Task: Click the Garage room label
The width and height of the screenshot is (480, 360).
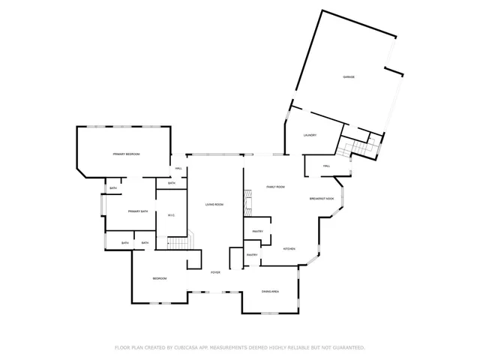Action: pyautogui.click(x=349, y=77)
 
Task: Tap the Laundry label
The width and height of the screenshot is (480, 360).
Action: pyautogui.click(x=310, y=135)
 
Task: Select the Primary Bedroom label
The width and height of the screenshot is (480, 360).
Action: pyautogui.click(x=127, y=154)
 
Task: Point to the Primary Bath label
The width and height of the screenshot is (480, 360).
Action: pyautogui.click(x=136, y=212)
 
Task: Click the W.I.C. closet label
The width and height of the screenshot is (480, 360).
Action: pyautogui.click(x=171, y=216)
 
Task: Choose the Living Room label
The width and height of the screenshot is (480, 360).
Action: pyautogui.click(x=215, y=205)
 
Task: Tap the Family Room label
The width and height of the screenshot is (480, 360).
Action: pyautogui.click(x=276, y=187)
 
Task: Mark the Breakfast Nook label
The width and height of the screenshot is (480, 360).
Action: pyautogui.click(x=322, y=198)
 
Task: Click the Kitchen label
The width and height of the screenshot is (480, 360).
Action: pyautogui.click(x=289, y=248)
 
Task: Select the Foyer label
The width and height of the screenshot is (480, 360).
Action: pyautogui.click(x=215, y=272)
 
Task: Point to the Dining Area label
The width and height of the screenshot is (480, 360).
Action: pyautogui.click(x=270, y=291)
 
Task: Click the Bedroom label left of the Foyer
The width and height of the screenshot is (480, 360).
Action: pyautogui.click(x=160, y=278)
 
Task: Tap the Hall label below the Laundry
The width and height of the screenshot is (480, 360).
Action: pyautogui.click(x=327, y=166)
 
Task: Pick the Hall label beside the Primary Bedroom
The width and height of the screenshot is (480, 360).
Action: pyautogui.click(x=179, y=168)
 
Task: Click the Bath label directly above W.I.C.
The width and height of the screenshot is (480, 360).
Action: pyautogui.click(x=172, y=183)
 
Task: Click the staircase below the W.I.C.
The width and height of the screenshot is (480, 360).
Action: pyautogui.click(x=178, y=242)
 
